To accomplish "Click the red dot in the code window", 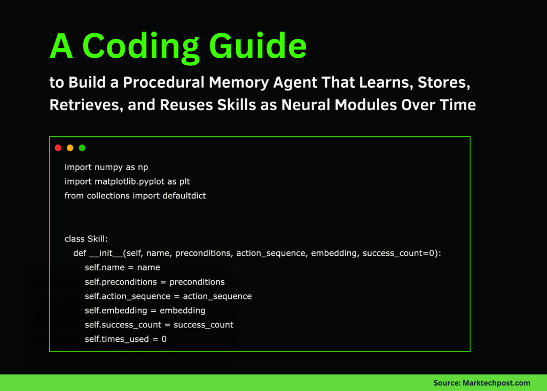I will tap(58, 148).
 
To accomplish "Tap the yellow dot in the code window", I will tap(70, 148).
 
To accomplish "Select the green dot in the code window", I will tap(82, 148).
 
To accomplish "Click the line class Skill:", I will tap(86, 239).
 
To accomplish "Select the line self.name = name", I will tap(122, 267).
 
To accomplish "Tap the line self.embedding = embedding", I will tap(145, 310).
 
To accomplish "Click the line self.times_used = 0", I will tap(126, 339).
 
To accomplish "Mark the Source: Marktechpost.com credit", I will tap(481, 383).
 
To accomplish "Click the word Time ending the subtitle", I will tap(457, 104).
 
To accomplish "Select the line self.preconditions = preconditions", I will tap(154, 282).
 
